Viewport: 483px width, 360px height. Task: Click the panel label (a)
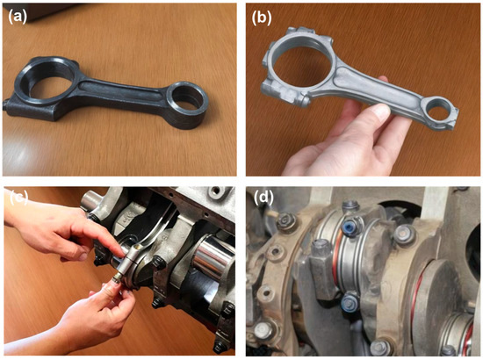click(18, 17)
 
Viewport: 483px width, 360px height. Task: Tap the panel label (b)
click(262, 18)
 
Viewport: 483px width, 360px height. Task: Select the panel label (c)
click(18, 198)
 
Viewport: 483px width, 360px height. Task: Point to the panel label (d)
click(263, 198)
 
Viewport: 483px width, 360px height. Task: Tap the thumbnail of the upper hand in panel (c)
click(83, 256)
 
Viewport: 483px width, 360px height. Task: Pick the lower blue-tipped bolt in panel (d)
click(350, 301)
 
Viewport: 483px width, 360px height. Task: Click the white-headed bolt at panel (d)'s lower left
click(263, 331)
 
